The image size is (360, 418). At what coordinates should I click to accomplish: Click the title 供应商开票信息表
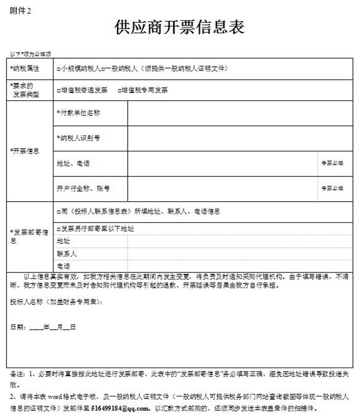coord(179,28)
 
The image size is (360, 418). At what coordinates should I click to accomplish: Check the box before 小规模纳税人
coord(58,69)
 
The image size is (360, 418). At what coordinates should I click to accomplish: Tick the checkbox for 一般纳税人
coord(104,69)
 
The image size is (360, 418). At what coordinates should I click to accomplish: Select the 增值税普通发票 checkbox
coord(58,90)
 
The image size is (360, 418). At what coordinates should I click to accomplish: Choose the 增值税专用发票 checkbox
coord(117,90)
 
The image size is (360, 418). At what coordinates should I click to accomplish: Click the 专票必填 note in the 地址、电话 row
coord(331,163)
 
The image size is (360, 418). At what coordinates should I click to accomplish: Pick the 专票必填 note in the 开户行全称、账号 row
coord(331,188)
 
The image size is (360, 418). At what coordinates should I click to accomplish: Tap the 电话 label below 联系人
coord(63,265)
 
